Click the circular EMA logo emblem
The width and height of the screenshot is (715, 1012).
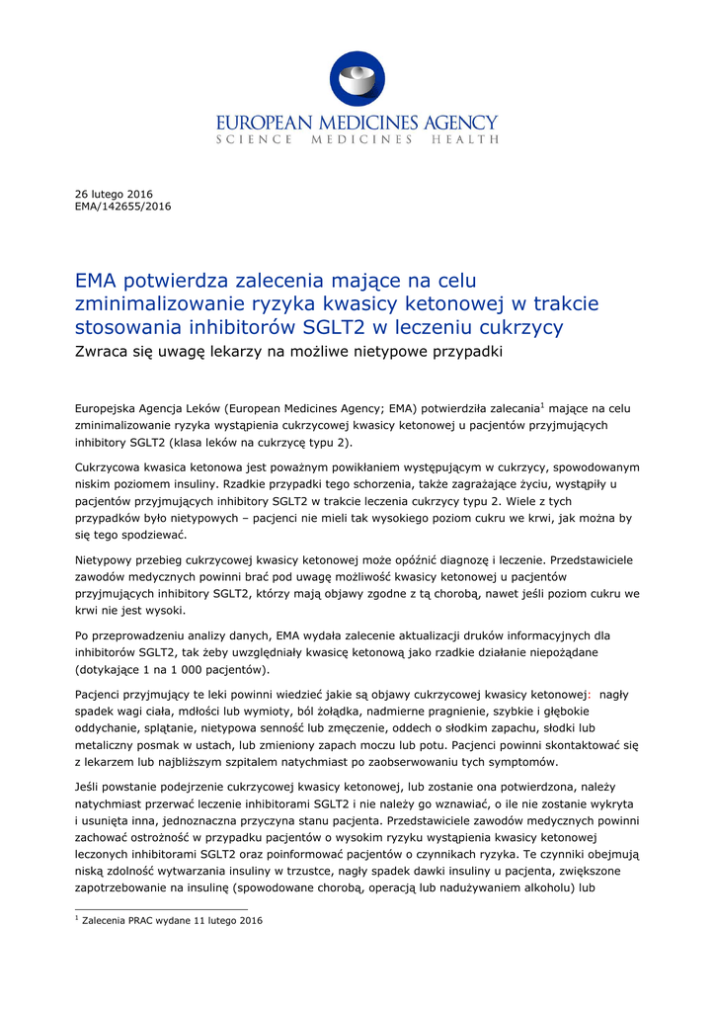click(357, 80)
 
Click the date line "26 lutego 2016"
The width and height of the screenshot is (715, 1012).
click(115, 194)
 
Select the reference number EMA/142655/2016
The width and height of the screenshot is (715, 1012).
click(123, 207)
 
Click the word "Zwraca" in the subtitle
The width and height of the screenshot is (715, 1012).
click(103, 352)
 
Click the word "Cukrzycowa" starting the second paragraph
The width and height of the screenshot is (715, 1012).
click(111, 466)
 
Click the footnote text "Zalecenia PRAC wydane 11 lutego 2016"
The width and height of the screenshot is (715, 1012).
click(173, 921)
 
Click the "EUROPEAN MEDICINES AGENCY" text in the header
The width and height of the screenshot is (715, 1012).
click(357, 123)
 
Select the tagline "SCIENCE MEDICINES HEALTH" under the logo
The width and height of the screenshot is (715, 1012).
click(357, 140)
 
